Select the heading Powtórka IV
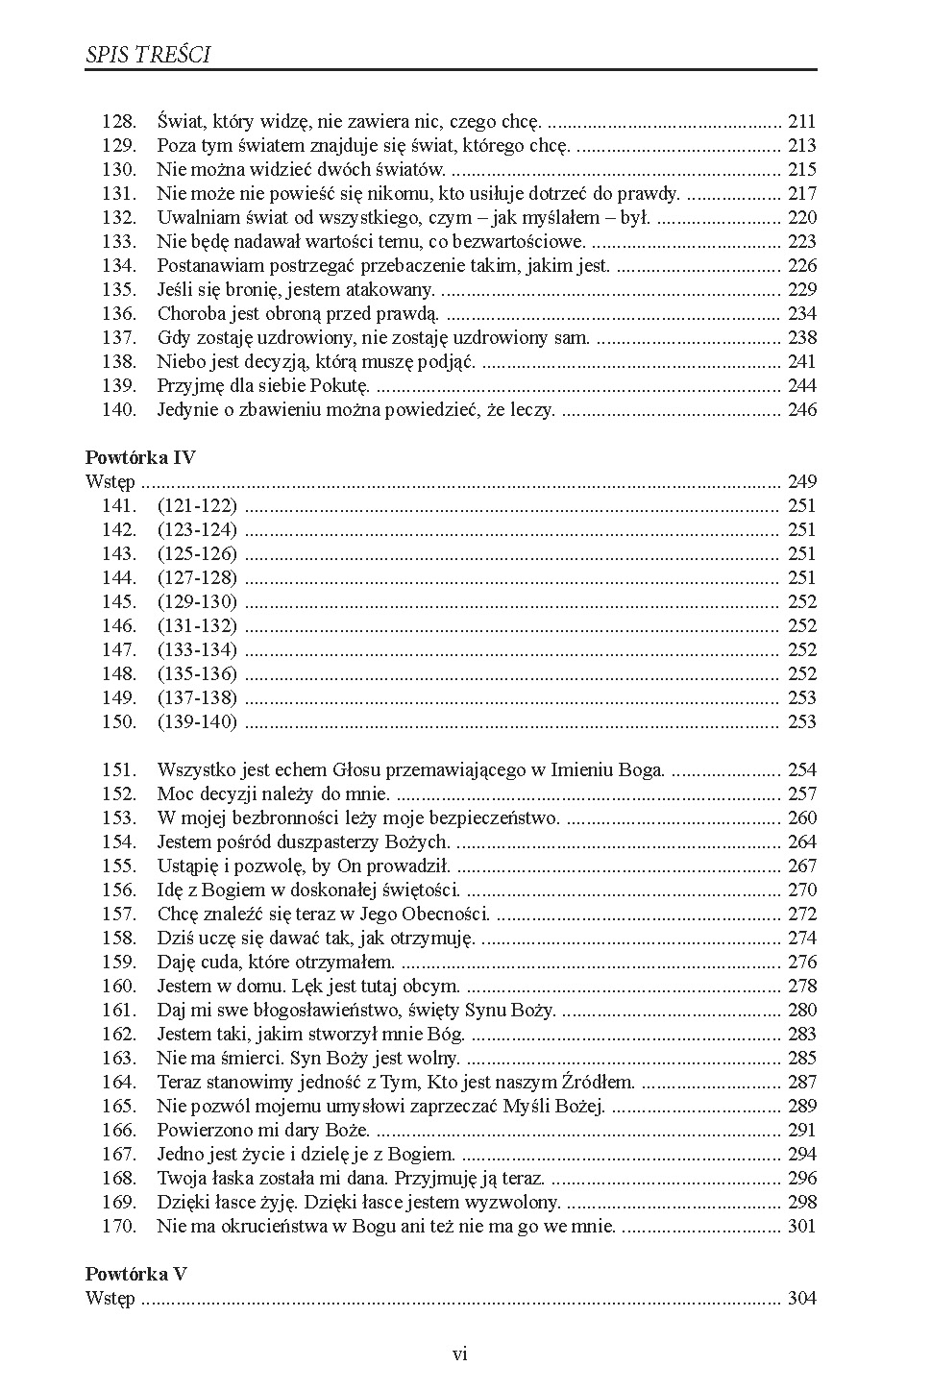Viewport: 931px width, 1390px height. pos(140,457)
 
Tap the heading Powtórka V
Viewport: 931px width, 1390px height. pos(136,1274)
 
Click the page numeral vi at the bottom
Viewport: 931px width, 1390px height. pos(459,1354)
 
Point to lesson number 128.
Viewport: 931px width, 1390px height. pos(119,122)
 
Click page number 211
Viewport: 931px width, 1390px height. pos(801,122)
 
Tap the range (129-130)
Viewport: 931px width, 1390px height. pos(197,602)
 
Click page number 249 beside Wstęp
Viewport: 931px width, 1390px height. pos(801,482)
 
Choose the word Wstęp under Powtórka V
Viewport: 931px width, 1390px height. pos(110,1299)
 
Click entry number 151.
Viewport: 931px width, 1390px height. pos(119,770)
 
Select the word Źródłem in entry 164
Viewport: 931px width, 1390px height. pos(598,1083)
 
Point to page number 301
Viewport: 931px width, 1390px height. pos(801,1227)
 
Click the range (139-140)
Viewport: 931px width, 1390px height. pos(197,722)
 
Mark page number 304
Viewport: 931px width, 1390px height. pos(801,1299)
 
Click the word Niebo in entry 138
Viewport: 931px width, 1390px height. pos(180,362)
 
